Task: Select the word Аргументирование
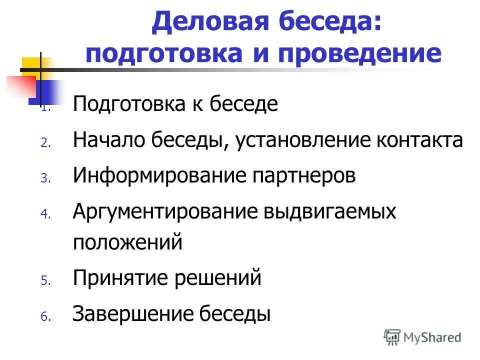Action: pos(161,212)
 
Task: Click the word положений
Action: pos(127,243)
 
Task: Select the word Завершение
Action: pos(132,314)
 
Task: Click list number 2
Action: pos(44,143)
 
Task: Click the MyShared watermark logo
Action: pos(423,336)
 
